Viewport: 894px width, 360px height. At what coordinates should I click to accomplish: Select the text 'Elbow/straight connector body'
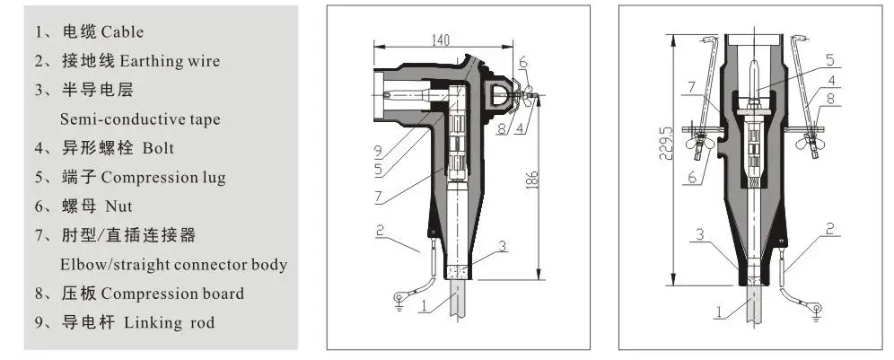173,265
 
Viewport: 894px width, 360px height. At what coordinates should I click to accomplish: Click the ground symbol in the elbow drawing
399,307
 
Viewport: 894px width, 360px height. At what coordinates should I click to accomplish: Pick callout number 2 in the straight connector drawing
829,229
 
